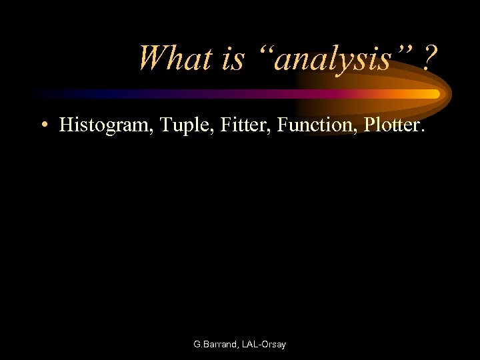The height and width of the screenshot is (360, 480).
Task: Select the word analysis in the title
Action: (333, 60)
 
